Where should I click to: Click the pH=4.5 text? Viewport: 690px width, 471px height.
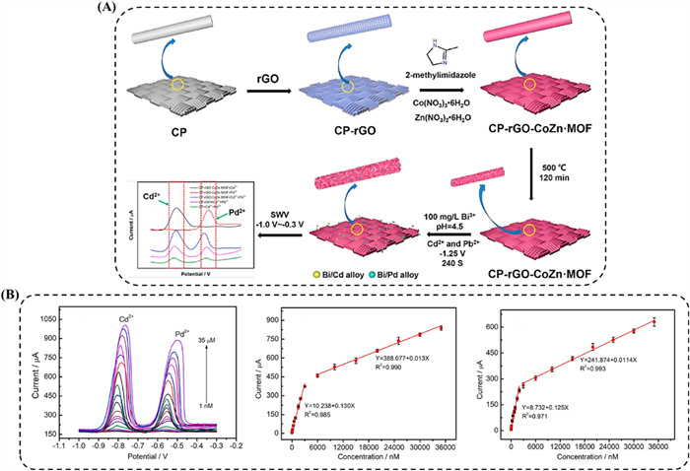[x=424, y=201]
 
